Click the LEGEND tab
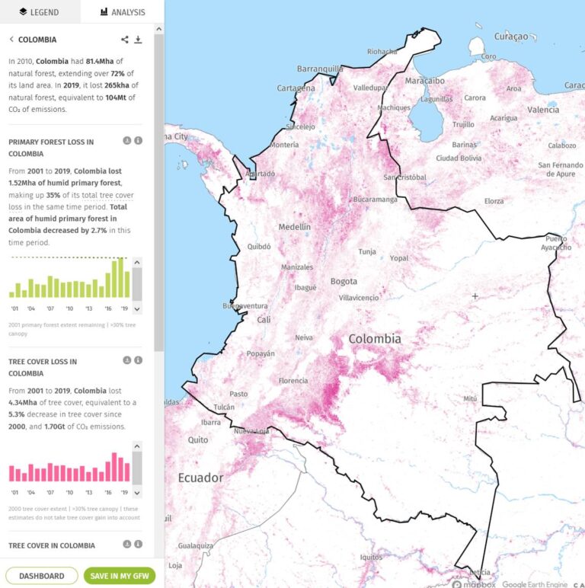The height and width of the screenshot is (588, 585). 40,11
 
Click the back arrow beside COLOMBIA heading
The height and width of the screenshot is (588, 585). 11,40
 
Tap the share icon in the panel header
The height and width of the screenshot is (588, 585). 125,40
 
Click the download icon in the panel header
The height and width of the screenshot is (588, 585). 138,40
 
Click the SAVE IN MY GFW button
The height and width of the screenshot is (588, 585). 119,576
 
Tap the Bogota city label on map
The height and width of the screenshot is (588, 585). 344,282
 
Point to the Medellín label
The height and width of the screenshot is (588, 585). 294,227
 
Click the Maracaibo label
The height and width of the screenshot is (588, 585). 424,81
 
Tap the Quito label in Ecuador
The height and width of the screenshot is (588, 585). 198,440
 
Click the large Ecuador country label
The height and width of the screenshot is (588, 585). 200,478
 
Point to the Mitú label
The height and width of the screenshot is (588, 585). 470,398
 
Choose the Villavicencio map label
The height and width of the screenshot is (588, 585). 358,298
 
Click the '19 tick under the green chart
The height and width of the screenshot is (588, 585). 123,308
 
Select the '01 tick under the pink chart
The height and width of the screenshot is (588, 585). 14,494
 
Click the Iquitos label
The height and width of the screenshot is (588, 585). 372,557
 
